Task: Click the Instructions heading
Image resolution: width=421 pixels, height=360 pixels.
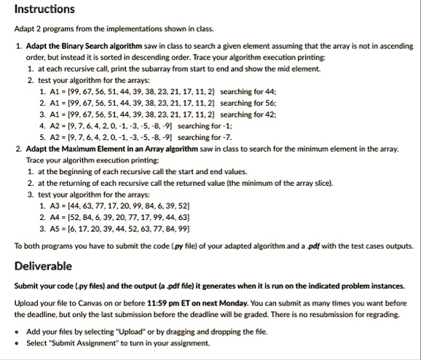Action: (44, 9)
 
